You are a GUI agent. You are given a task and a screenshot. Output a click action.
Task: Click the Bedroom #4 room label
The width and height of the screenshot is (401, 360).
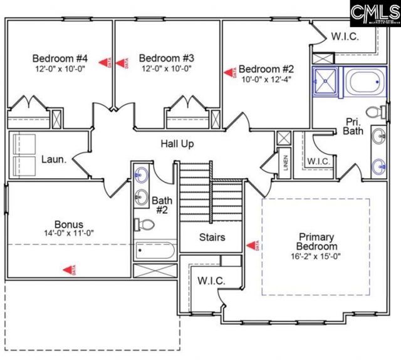coord(60,59)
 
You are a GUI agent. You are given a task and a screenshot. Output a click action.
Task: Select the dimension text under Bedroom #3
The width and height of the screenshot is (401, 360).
coord(166,69)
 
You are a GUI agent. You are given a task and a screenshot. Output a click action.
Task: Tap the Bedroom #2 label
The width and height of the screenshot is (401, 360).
coord(266,68)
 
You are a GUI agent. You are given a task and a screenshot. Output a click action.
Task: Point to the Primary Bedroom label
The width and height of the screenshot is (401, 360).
coord(317,241)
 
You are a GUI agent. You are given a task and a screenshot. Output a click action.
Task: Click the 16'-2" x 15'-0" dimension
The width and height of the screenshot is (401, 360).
coord(317,257)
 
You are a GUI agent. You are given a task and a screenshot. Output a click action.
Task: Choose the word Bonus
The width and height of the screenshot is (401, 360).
coord(68,224)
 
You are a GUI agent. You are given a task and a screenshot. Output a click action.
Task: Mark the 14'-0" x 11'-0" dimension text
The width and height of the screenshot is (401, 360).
coord(68,234)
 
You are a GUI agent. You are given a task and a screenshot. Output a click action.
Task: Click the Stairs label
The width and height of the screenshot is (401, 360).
coord(212,238)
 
